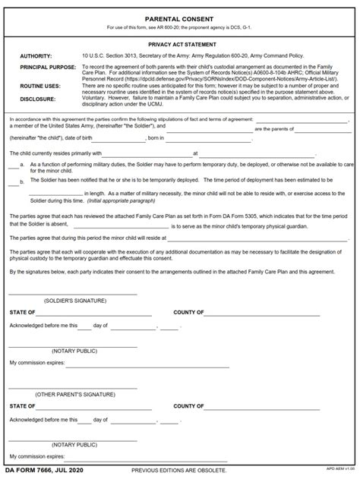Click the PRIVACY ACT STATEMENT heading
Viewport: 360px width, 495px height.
click(x=179, y=45)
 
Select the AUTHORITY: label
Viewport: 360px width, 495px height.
click(x=36, y=56)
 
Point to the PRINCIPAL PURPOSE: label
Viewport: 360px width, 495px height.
click(x=47, y=68)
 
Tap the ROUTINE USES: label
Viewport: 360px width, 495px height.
click(x=41, y=87)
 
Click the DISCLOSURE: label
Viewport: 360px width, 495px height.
click(x=37, y=98)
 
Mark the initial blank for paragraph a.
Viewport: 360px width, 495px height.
click(x=14, y=163)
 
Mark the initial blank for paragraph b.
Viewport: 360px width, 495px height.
click(x=14, y=181)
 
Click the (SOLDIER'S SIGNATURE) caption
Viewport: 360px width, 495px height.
click(x=74, y=301)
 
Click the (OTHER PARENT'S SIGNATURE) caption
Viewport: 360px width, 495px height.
click(x=74, y=396)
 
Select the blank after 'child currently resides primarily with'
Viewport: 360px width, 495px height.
click(x=144, y=153)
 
